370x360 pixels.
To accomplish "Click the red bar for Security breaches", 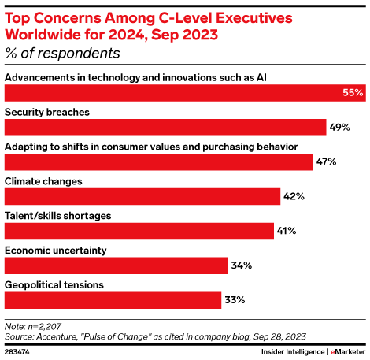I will point(165,127).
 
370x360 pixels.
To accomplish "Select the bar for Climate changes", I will point(142,196).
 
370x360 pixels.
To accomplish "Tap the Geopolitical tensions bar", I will point(113,300).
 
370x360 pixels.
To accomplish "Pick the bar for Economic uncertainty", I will point(117,265).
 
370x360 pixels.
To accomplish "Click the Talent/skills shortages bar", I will point(139,231).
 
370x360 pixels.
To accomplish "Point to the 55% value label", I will point(353,93).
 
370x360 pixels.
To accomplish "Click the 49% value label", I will point(339,128).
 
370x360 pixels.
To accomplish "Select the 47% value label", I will point(327,162).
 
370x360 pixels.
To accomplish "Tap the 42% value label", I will point(294,197).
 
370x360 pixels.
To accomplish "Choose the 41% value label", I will point(286,232).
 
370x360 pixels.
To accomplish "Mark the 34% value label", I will point(241,266).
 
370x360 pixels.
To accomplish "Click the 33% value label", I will point(235,300).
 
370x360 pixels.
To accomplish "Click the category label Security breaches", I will point(47,112).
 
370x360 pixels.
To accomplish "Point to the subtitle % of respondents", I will point(62,54).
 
